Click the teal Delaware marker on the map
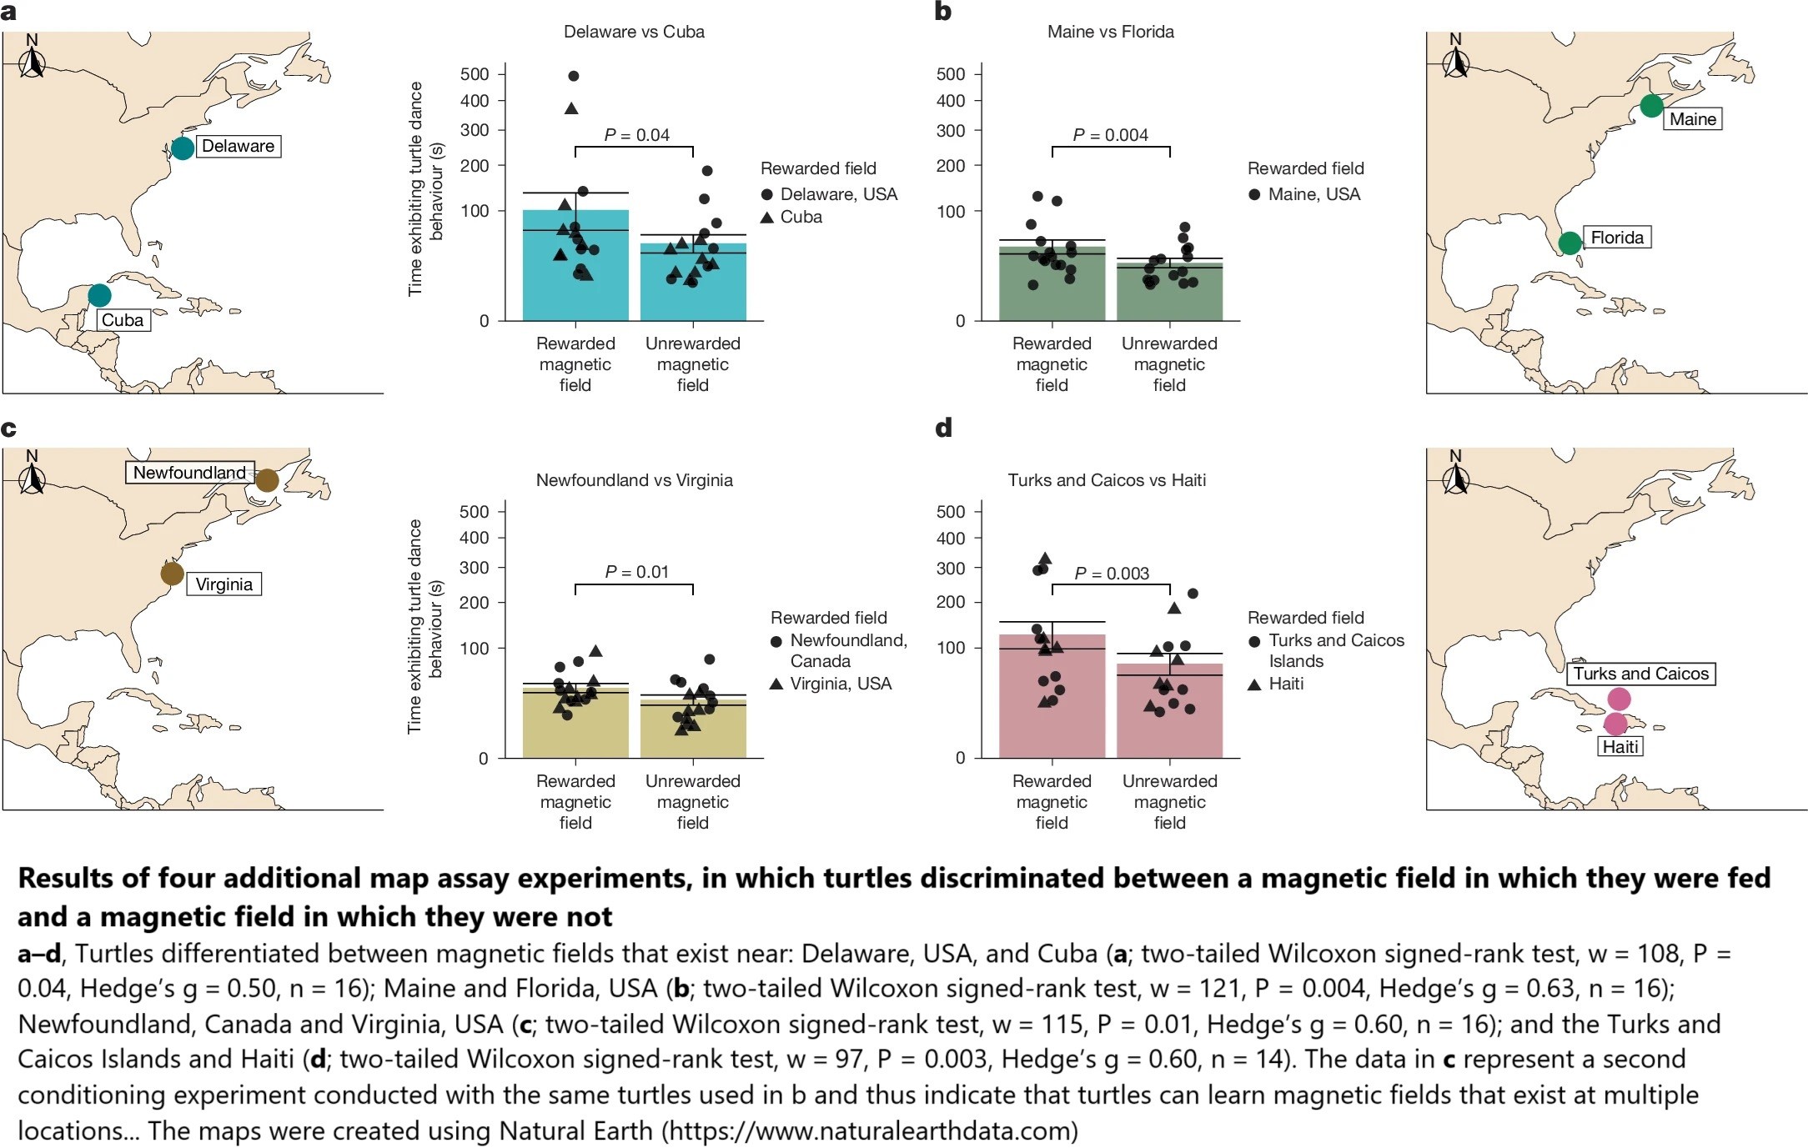coord(183,148)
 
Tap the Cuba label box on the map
coord(123,320)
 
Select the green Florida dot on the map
coord(1570,243)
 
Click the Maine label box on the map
coord(1692,119)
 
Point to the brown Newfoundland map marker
coord(267,480)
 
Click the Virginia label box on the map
coord(223,584)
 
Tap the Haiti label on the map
coord(1620,747)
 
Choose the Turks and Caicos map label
coord(1640,674)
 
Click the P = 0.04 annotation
coord(636,135)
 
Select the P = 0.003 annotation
coord(1112,574)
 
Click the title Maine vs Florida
coord(1110,32)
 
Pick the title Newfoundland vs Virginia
coord(634,480)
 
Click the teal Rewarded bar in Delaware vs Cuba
coord(575,275)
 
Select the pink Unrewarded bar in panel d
coord(1169,717)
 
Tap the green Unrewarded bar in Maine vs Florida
coord(1169,296)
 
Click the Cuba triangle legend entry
coord(791,217)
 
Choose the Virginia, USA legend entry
coord(831,684)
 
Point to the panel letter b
coord(943,12)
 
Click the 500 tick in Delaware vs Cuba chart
coord(475,74)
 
